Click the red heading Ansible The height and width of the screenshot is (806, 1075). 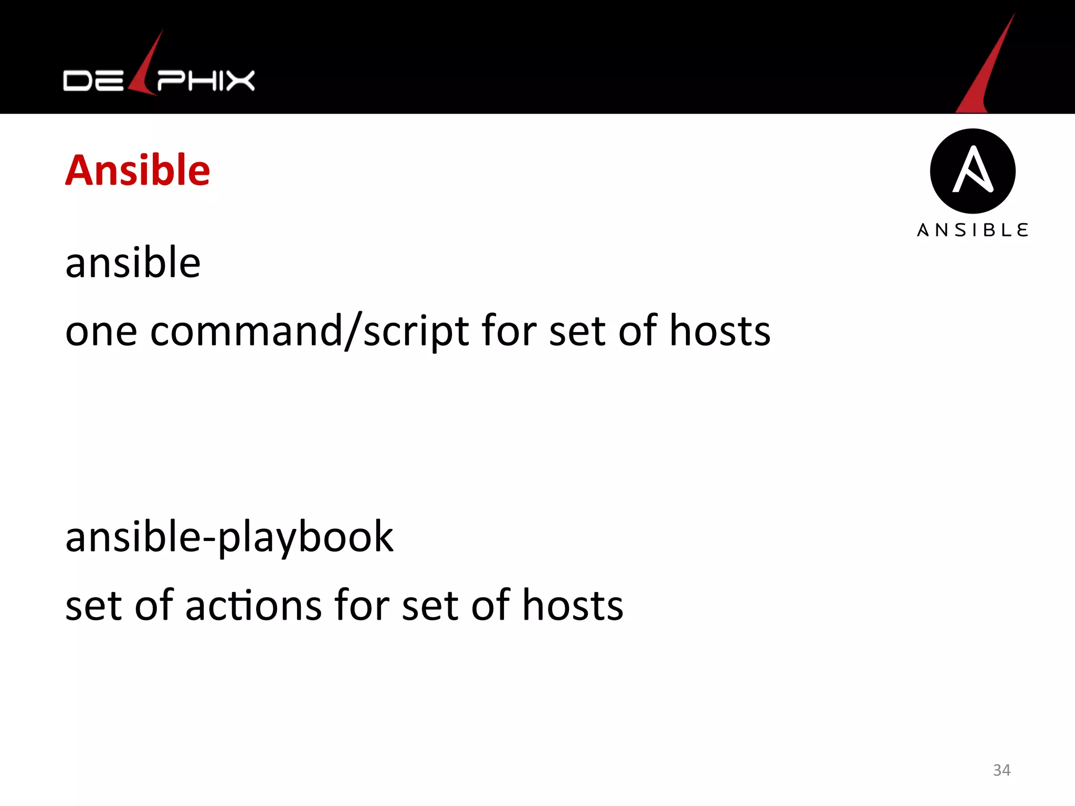click(x=138, y=171)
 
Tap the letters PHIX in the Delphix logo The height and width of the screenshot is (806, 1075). click(x=206, y=81)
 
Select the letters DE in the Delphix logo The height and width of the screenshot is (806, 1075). click(x=93, y=81)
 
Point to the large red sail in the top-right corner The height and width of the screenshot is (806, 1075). click(x=987, y=68)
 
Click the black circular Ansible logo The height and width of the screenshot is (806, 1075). click(x=973, y=171)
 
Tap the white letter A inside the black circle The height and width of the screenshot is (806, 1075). click(x=973, y=169)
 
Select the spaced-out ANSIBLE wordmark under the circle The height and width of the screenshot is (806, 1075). click(x=973, y=230)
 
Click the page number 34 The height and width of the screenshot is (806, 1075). click(x=1002, y=770)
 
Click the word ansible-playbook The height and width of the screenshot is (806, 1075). click(x=229, y=537)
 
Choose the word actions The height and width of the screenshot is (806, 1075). click(x=253, y=606)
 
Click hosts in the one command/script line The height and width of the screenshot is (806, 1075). click(x=720, y=332)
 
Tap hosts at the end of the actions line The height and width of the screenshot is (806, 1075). click(x=573, y=606)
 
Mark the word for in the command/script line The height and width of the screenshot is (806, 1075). click(x=509, y=332)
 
